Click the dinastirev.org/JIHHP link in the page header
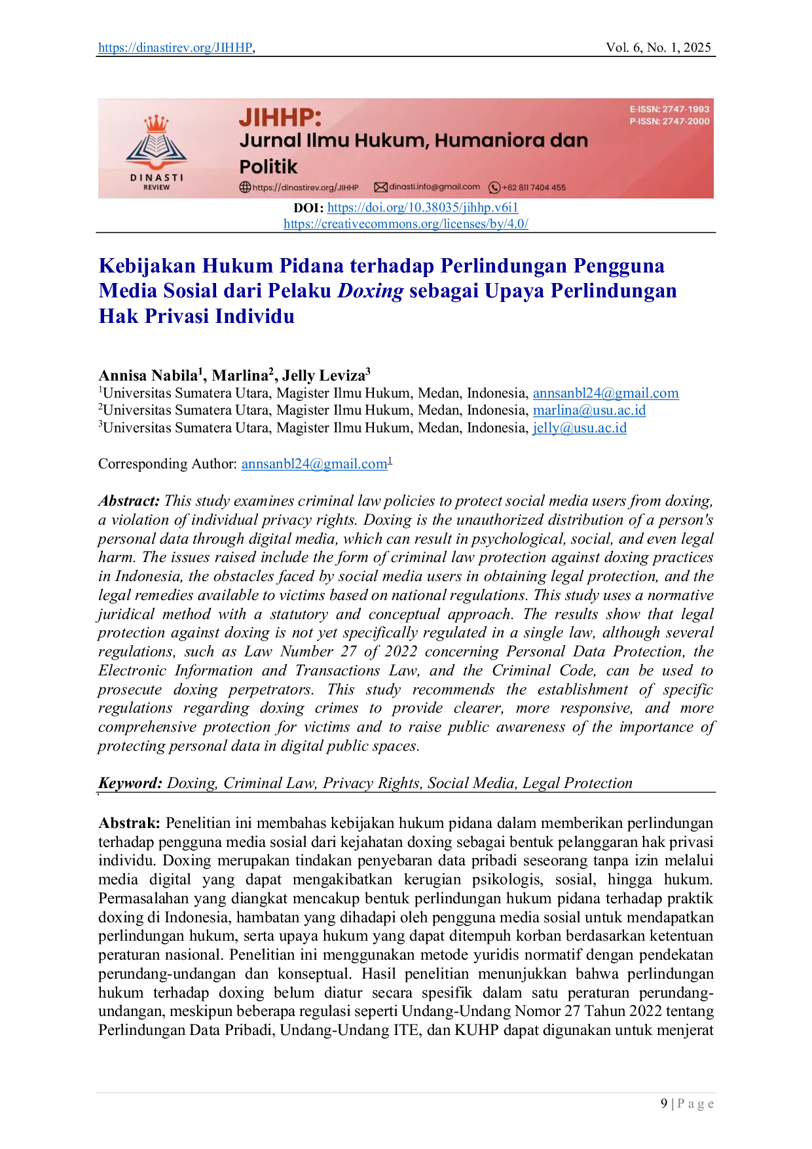[x=175, y=47]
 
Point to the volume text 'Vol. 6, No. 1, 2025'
[x=658, y=47]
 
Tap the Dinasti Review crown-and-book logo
[x=157, y=152]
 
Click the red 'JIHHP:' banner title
[x=280, y=118]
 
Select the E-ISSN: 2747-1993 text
[x=669, y=109]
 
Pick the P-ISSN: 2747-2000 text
[x=669, y=121]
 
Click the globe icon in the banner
[x=245, y=187]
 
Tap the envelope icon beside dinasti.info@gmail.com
[x=380, y=187]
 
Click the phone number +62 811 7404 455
[x=534, y=187]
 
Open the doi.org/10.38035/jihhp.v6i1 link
[x=422, y=208]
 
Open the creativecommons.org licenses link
[x=406, y=223]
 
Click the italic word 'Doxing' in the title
[x=370, y=291]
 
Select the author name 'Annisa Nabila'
[x=149, y=375]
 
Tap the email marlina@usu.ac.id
[x=589, y=410]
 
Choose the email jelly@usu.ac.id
[x=580, y=428]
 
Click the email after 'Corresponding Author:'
[x=314, y=464]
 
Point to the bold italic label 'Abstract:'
[x=129, y=501]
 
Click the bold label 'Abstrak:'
[x=129, y=823]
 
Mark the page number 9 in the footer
[x=664, y=1104]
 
